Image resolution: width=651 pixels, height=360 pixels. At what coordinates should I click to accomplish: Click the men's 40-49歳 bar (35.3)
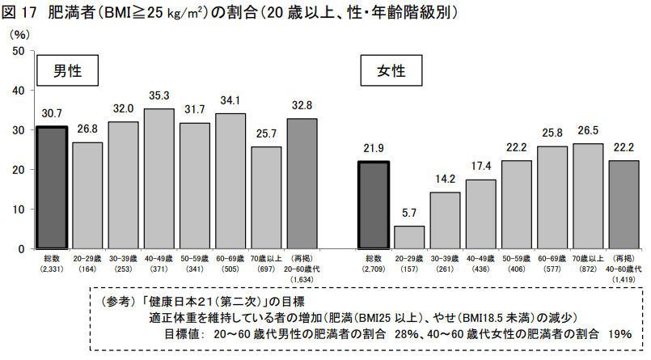[159, 179]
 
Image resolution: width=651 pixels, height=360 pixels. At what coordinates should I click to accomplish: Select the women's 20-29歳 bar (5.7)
[409, 238]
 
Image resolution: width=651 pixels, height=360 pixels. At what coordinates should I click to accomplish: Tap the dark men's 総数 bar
[52, 188]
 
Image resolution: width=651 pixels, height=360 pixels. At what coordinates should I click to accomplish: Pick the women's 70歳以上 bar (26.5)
[588, 197]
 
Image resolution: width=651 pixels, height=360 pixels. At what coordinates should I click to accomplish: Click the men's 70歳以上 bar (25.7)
[266, 198]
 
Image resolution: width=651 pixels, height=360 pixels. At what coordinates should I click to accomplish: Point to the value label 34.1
[230, 100]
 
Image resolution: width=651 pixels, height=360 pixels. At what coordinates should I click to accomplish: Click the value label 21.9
[374, 148]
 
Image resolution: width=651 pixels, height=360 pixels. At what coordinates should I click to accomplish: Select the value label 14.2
[445, 179]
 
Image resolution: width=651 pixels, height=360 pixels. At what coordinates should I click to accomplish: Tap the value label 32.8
[302, 105]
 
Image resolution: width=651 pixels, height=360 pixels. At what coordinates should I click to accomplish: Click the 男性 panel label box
[67, 70]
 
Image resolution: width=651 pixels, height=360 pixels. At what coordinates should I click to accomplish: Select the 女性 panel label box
[391, 70]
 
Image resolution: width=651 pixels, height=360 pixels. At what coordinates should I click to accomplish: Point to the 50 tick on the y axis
[19, 51]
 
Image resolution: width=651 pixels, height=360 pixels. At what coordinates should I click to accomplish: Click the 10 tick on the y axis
[19, 210]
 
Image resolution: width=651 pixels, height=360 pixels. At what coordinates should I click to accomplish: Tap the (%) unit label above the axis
[19, 35]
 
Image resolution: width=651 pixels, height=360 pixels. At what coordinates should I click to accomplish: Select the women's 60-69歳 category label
[552, 264]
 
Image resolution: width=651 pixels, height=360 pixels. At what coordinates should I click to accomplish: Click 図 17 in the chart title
[19, 13]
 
